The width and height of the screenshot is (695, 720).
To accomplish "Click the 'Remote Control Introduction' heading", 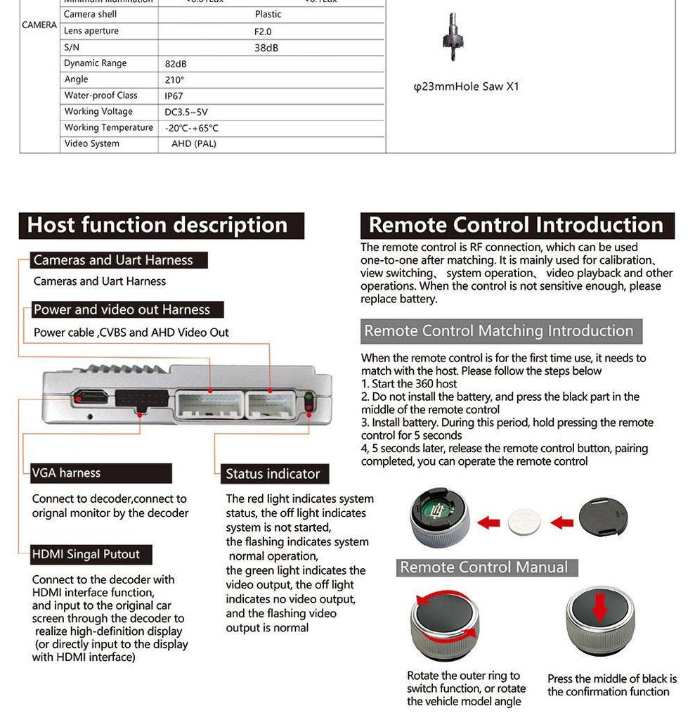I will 516,225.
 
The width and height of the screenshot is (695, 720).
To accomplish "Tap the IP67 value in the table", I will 174,96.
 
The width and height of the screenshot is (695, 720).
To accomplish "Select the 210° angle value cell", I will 174,80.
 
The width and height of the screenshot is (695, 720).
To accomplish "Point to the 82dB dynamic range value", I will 176,64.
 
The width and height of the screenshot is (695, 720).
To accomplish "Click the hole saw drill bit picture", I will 453,36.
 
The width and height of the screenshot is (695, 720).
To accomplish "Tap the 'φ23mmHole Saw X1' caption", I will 466,87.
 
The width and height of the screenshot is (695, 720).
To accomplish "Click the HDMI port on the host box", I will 91,397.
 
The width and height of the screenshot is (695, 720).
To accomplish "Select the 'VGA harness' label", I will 66,473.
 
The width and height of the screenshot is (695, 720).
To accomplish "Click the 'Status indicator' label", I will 273,474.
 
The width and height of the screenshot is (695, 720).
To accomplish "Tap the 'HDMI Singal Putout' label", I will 86,554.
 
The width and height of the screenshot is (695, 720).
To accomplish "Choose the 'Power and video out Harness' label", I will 122,310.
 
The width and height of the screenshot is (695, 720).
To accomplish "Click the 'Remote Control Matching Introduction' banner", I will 499,331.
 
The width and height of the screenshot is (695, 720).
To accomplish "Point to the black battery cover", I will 602,520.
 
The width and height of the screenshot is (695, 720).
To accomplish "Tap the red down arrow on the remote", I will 599,609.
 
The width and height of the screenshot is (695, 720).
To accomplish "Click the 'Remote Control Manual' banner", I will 483,567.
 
